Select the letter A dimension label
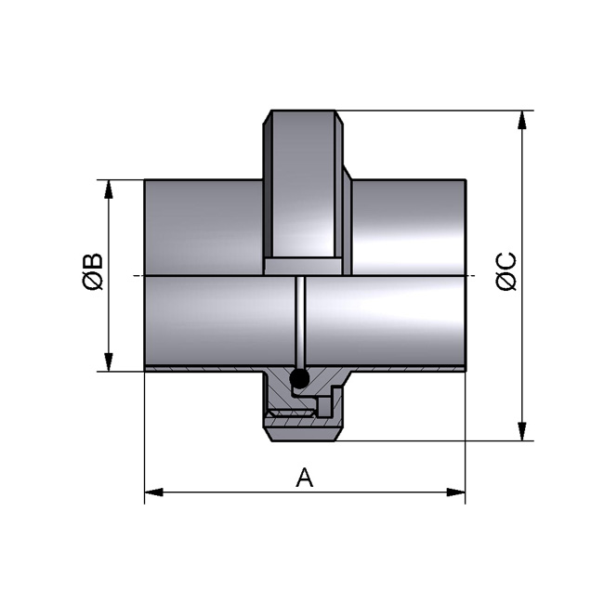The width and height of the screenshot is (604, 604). [x=304, y=478]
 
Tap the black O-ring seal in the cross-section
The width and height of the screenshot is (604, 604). [x=299, y=378]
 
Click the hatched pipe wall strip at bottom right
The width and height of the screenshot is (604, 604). [x=409, y=370]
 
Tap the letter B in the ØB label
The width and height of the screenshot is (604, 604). [x=92, y=260]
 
